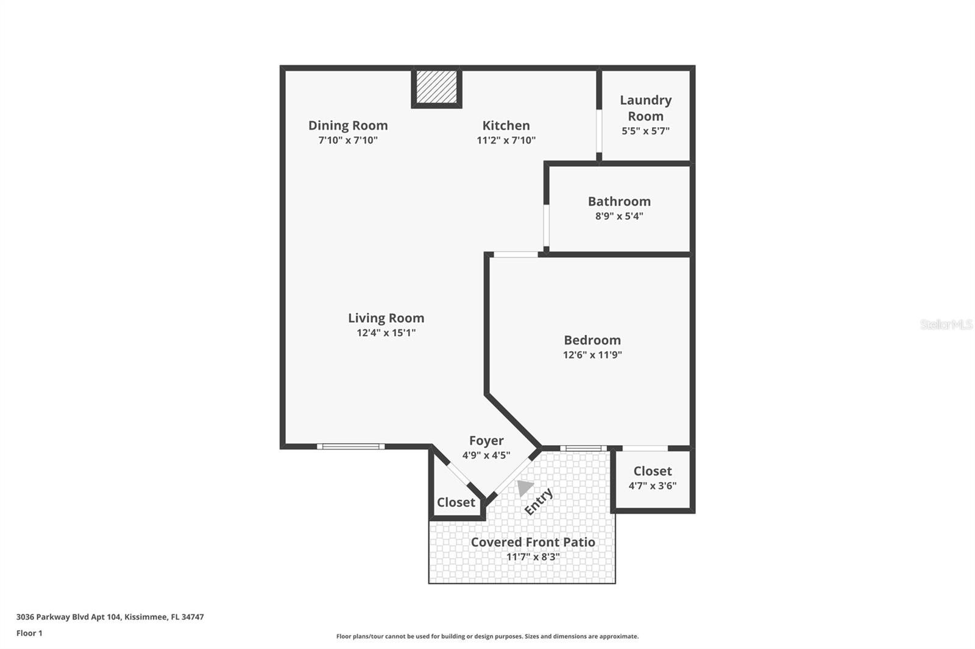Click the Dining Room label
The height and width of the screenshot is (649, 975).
pyautogui.click(x=348, y=125)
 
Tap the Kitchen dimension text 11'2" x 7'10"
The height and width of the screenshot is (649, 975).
pyautogui.click(x=506, y=140)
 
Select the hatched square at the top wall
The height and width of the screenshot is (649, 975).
pyautogui.click(x=436, y=87)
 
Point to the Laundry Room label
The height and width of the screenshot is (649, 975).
pyautogui.click(x=645, y=108)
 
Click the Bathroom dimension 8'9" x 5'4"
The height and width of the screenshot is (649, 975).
pyautogui.click(x=619, y=216)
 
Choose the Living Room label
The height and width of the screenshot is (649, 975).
pyautogui.click(x=386, y=318)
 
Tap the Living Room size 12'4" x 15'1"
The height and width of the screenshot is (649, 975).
pyautogui.click(x=386, y=333)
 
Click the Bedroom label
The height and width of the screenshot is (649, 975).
pyautogui.click(x=592, y=340)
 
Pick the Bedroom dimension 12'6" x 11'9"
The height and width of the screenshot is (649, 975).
pyautogui.click(x=592, y=354)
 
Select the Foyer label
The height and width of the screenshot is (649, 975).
pyautogui.click(x=486, y=441)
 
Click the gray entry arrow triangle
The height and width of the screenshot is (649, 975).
pyautogui.click(x=525, y=488)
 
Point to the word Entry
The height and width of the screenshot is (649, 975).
pyautogui.click(x=539, y=502)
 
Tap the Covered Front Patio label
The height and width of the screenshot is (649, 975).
pyautogui.click(x=533, y=542)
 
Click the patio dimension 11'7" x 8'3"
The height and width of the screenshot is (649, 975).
pyautogui.click(x=533, y=557)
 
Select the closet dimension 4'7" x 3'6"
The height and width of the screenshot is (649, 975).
pyautogui.click(x=653, y=485)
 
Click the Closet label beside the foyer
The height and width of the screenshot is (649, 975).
pyautogui.click(x=456, y=502)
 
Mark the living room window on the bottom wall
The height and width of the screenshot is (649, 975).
pyautogui.click(x=351, y=446)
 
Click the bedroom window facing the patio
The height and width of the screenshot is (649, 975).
pyautogui.click(x=583, y=449)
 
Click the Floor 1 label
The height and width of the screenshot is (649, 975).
pyautogui.click(x=29, y=633)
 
